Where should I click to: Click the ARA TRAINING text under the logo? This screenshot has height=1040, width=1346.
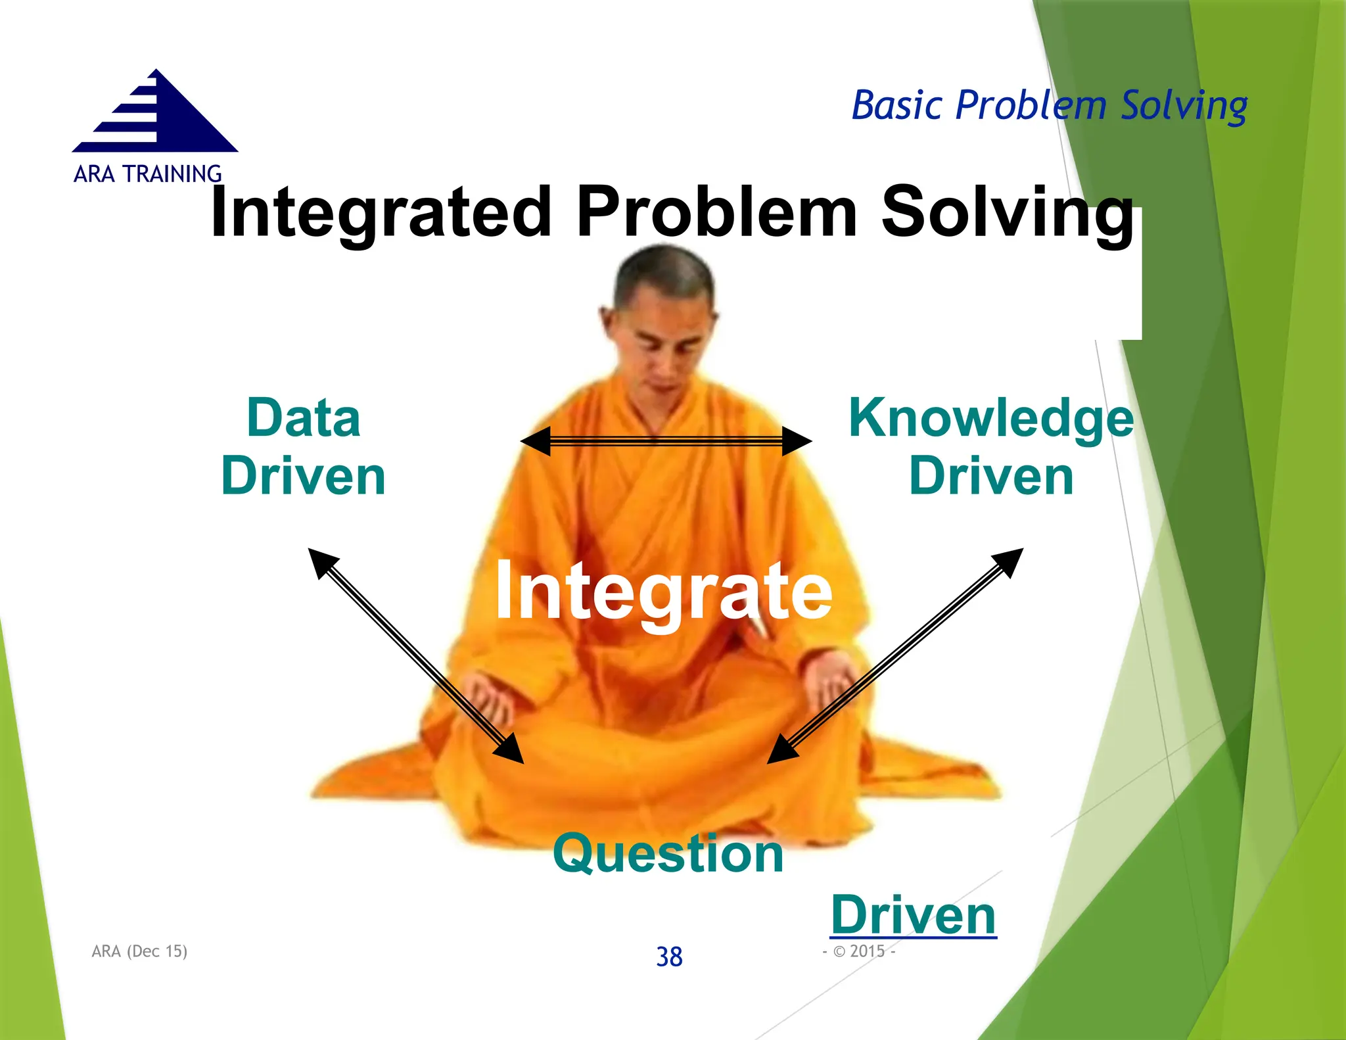click(x=147, y=174)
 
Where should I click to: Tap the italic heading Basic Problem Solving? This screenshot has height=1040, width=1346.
click(x=1049, y=106)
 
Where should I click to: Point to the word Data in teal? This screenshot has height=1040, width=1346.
click(x=304, y=418)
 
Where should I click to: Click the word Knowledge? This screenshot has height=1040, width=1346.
click(x=991, y=418)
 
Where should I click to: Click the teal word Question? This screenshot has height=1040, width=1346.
click(x=668, y=853)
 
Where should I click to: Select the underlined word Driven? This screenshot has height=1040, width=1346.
click(x=914, y=915)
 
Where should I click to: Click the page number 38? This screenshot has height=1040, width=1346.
click(x=669, y=957)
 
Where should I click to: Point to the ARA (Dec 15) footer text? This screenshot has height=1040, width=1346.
click(x=139, y=951)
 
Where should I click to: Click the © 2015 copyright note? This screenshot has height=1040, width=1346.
click(x=859, y=951)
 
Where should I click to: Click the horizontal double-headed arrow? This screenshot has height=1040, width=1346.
click(x=665, y=441)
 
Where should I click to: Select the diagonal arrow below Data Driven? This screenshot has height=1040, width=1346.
click(x=415, y=655)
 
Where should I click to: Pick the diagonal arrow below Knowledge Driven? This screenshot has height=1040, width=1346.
click(x=895, y=655)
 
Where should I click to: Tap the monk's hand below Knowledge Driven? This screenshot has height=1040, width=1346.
click(x=829, y=684)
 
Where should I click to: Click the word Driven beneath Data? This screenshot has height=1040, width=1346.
click(x=304, y=476)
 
